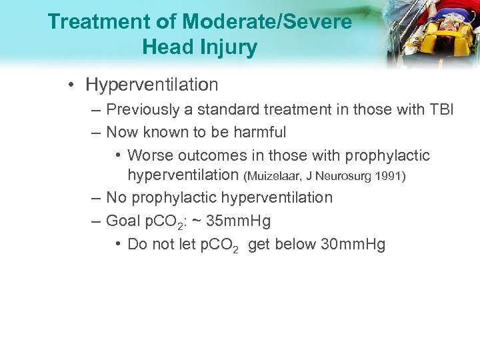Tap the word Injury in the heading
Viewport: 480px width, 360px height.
pyautogui.click(x=227, y=47)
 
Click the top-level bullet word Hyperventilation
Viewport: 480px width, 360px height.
pyautogui.click(x=152, y=85)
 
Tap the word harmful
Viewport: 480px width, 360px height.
pyautogui.click(x=260, y=132)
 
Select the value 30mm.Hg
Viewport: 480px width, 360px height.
pyautogui.click(x=353, y=244)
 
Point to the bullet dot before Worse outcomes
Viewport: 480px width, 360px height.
pyautogui.click(x=117, y=156)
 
